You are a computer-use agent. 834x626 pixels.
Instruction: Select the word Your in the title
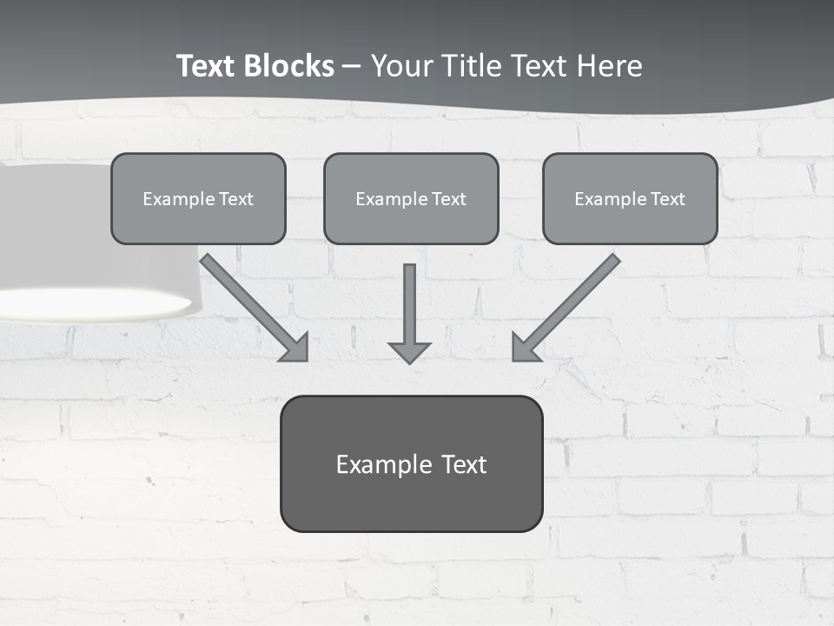(x=401, y=66)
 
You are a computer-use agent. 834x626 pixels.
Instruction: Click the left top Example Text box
(x=198, y=198)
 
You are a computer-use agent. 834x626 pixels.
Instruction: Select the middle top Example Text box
(x=411, y=198)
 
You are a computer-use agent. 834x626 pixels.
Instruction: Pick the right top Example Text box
(x=630, y=198)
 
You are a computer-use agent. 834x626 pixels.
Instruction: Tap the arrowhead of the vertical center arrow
(x=409, y=351)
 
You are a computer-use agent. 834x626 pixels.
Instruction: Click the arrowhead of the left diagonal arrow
(x=295, y=348)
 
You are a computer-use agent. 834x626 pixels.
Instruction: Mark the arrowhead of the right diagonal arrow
(x=525, y=348)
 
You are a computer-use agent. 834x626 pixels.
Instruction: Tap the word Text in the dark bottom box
(x=464, y=464)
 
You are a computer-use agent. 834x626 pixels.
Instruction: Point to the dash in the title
(x=352, y=67)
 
